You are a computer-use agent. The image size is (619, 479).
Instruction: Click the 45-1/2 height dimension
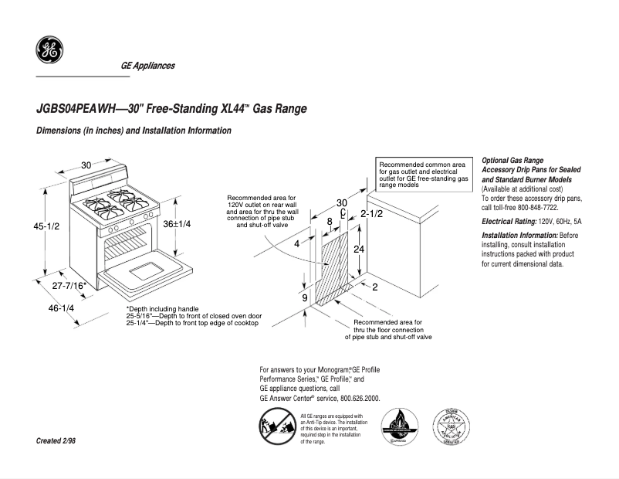tap(46, 227)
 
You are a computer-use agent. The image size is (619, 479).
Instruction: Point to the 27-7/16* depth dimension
tap(69, 287)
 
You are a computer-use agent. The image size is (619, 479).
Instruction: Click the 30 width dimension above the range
tap(86, 165)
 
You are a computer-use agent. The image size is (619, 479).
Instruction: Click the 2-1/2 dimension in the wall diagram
tap(372, 213)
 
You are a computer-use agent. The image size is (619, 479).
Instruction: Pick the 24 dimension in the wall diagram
tap(358, 250)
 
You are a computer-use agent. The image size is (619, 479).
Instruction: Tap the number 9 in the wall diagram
tap(304, 297)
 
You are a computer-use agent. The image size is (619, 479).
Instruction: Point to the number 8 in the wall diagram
tap(330, 222)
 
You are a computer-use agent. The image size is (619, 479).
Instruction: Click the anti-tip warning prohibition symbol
tap(275, 428)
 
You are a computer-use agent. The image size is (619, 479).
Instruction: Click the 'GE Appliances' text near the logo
tap(147, 66)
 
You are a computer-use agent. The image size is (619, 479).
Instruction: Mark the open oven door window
tap(144, 271)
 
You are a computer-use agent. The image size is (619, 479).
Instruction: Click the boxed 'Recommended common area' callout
tap(423, 175)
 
